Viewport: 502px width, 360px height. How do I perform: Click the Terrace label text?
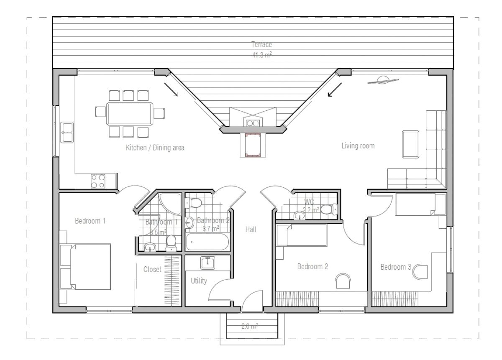[x=261, y=45]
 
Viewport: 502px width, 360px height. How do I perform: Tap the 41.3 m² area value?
[x=261, y=54]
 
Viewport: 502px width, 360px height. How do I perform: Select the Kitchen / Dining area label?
[x=155, y=148]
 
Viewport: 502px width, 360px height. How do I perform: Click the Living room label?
[x=358, y=146]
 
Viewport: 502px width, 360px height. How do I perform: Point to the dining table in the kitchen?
[x=130, y=113]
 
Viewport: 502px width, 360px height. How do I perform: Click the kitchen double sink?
[x=67, y=132]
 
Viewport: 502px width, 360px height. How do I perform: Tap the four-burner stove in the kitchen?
[x=98, y=181]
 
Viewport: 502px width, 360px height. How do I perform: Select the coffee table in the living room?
[x=410, y=144]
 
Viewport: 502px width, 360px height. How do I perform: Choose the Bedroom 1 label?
[x=90, y=221]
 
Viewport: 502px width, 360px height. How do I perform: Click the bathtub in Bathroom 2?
[x=207, y=242]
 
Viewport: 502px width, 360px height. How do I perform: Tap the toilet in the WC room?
[x=332, y=209]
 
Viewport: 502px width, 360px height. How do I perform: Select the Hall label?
[x=251, y=229]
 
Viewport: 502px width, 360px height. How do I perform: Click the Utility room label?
[x=199, y=281]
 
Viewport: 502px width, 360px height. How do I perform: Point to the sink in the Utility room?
[x=208, y=263]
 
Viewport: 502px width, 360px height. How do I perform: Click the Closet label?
[x=152, y=270]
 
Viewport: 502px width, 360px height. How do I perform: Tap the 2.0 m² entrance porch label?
[x=249, y=327]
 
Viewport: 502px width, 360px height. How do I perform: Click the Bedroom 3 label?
[x=396, y=267]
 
